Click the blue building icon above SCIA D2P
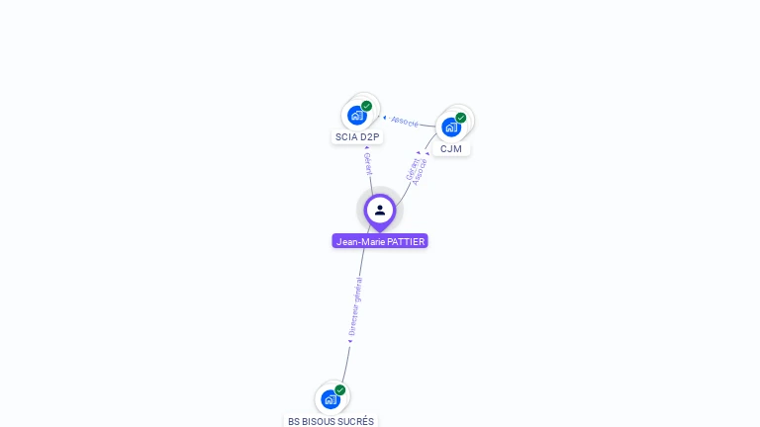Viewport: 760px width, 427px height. point(357,116)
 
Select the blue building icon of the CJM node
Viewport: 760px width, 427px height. point(451,128)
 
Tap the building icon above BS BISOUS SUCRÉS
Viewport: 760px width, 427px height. point(331,399)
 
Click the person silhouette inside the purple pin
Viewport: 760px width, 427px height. point(380,211)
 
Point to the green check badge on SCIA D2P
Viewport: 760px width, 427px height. point(366,106)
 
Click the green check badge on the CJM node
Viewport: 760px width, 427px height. point(461,118)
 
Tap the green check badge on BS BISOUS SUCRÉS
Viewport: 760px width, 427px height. point(340,390)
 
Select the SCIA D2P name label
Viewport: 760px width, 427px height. point(357,137)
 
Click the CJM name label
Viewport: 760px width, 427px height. point(451,148)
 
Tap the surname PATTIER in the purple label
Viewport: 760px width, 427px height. point(406,241)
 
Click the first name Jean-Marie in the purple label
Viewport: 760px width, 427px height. point(360,241)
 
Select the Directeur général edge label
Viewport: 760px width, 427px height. point(355,306)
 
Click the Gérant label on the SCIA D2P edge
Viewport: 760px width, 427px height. point(368,164)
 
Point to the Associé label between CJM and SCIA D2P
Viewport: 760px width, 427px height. point(405,122)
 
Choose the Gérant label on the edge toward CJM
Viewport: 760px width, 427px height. point(412,169)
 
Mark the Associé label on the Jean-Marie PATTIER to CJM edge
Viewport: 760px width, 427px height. point(420,172)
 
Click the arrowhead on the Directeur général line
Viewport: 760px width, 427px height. point(350,341)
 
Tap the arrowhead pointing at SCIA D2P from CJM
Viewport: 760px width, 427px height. point(384,118)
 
